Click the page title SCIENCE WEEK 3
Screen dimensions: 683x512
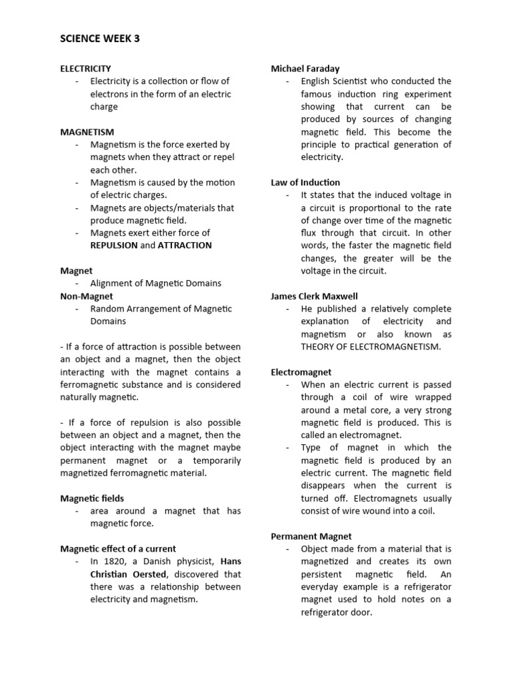tap(100, 39)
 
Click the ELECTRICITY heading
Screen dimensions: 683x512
tap(85, 68)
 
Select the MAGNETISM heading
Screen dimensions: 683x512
tap(87, 132)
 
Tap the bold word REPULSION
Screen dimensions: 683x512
tap(115, 245)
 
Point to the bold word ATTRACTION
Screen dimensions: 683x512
tap(185, 245)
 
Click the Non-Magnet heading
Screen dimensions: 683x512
tap(87, 296)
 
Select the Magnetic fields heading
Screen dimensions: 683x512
tap(92, 498)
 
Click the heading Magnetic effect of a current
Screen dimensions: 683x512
tap(118, 549)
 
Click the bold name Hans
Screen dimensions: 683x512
tap(230, 562)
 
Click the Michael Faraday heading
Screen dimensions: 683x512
tap(305, 68)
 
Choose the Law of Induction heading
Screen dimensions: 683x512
tap(305, 182)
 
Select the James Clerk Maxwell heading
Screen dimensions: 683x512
tap(314, 296)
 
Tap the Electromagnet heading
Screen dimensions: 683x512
tap(301, 372)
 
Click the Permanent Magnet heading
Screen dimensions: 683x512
tap(311, 536)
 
